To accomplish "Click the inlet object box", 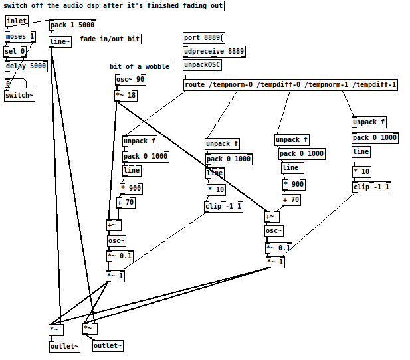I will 17,21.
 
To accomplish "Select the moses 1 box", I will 19,36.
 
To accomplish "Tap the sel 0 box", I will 15,51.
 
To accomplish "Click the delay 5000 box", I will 26,66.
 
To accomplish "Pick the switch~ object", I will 19,95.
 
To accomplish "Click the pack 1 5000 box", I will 72,25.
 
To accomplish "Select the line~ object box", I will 60,41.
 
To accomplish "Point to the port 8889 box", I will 203,37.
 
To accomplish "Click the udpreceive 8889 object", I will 214,51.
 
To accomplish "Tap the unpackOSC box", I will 202,65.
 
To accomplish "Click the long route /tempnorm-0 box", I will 290,84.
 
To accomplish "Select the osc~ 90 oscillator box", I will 130,80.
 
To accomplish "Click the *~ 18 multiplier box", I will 126,95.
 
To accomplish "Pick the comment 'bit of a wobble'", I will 140,66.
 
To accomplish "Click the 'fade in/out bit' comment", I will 110,39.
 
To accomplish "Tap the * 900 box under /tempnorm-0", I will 131,188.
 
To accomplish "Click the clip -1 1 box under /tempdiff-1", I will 371,187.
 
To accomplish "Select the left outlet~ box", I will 64,346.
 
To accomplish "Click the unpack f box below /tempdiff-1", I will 369,122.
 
